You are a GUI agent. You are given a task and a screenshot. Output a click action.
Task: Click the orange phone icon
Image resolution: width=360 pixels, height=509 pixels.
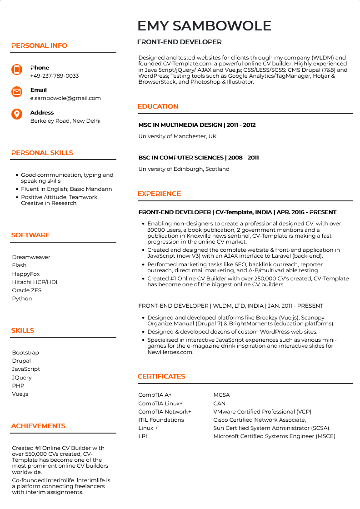click(17, 70)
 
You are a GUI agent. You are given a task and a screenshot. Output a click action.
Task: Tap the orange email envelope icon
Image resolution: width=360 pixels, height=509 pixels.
click(17, 92)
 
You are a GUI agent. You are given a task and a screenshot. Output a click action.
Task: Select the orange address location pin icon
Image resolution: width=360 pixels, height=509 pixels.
click(17, 115)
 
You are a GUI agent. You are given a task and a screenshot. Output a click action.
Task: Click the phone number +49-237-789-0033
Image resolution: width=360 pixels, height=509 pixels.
click(55, 76)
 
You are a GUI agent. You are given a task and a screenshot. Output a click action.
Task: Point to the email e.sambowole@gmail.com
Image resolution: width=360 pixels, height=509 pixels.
click(65, 98)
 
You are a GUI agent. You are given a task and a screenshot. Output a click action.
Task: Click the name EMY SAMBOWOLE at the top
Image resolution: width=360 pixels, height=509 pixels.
click(204, 26)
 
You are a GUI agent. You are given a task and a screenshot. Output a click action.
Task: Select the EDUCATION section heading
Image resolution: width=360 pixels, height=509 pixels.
click(158, 106)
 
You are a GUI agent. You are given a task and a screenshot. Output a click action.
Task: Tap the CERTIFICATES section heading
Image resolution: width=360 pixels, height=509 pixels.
click(161, 376)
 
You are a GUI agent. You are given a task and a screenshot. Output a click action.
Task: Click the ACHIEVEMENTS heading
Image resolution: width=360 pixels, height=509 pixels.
click(38, 426)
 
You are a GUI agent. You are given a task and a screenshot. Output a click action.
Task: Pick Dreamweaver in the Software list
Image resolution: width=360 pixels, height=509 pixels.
click(31, 257)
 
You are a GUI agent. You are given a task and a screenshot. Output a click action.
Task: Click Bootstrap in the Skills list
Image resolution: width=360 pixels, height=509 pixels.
click(25, 353)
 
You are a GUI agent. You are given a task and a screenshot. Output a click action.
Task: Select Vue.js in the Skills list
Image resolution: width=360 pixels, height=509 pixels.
click(20, 394)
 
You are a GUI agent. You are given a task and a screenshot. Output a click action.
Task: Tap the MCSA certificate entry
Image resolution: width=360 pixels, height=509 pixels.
click(221, 395)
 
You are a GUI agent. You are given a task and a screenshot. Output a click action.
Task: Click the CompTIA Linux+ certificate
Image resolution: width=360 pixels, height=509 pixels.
click(160, 404)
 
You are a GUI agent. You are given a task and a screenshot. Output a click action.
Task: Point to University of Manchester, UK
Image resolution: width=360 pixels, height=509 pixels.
click(177, 136)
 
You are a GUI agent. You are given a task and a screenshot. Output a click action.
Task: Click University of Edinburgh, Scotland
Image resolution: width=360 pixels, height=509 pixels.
click(184, 169)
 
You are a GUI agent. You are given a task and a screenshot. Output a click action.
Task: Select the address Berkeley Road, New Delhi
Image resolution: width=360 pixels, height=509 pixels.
click(65, 121)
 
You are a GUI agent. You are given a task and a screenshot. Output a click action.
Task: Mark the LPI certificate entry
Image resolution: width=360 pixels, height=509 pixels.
click(143, 436)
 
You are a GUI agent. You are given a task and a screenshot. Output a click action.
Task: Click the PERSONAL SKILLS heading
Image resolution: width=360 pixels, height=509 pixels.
click(42, 153)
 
